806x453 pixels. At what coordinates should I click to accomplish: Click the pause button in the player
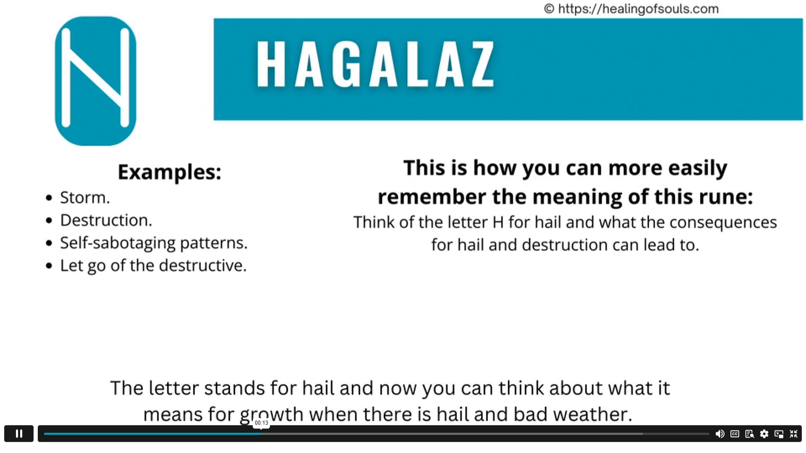19,434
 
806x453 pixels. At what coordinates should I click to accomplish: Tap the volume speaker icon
720,434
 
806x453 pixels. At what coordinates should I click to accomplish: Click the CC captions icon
735,434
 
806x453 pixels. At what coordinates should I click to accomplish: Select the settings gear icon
764,434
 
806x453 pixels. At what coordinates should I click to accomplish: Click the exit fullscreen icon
793,434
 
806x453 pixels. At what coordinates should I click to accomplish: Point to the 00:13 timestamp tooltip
261,423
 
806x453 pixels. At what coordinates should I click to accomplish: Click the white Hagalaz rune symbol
95,78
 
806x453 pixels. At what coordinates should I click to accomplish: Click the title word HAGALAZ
375,64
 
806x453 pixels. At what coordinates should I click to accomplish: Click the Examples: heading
169,172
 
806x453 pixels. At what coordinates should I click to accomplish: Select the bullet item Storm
85,198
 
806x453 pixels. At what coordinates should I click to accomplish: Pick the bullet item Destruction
106,220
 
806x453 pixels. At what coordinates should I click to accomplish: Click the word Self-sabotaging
118,243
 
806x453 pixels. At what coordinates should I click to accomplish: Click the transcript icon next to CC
749,434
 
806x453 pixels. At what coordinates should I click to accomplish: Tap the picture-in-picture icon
779,434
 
